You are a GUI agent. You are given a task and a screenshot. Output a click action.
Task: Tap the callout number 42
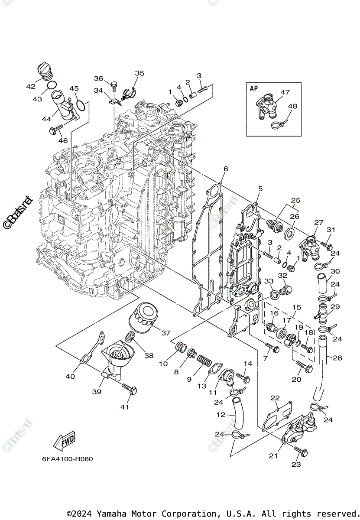point(30,86)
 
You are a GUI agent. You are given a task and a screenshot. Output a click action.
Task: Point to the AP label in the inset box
point(253,88)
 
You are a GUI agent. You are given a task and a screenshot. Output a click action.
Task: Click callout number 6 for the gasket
point(225,169)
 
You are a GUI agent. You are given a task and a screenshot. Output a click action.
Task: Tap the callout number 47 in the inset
point(285,92)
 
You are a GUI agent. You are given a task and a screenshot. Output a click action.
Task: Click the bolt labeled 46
point(57,129)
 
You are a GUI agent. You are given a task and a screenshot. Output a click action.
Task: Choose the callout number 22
point(275,398)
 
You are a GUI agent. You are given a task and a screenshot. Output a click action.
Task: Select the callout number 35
point(139,73)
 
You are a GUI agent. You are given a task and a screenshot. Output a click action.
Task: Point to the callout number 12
point(221,415)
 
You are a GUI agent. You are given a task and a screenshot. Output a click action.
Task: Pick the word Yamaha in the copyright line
point(110,513)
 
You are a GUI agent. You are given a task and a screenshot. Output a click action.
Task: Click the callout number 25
point(295,201)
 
